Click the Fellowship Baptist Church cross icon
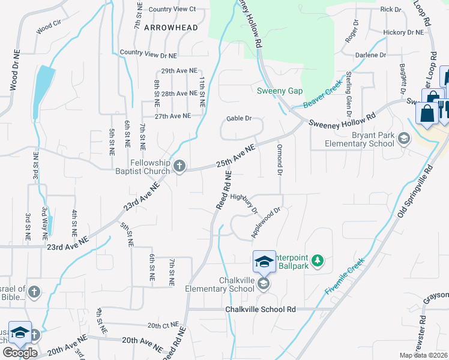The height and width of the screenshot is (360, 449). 179,167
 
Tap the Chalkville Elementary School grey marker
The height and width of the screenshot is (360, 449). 264,283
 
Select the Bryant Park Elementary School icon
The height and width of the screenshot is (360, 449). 404,139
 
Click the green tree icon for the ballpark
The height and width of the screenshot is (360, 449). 318,260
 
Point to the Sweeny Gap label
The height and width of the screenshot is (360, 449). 280,91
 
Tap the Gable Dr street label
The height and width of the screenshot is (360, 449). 239,118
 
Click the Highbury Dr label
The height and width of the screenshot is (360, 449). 244,202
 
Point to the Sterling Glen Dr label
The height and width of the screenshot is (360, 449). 348,94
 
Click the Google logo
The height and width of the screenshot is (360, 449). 20,353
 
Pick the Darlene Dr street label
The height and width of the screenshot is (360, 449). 370,55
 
